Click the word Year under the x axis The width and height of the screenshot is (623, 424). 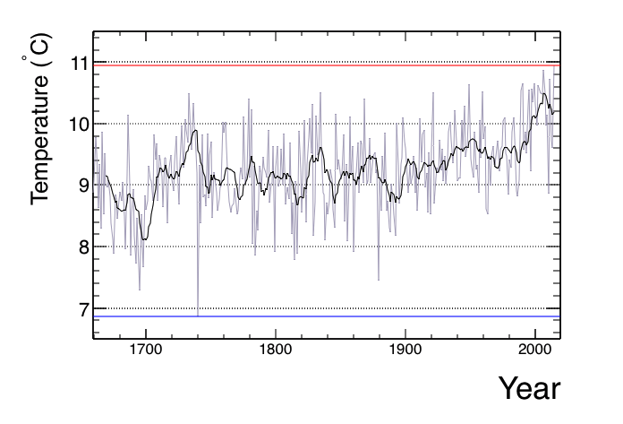529,389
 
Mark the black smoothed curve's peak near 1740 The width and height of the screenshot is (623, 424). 195,131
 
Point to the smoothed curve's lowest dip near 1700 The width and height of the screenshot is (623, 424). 145,238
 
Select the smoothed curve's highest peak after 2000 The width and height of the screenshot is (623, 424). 543,93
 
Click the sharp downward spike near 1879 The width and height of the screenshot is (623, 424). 378,279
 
